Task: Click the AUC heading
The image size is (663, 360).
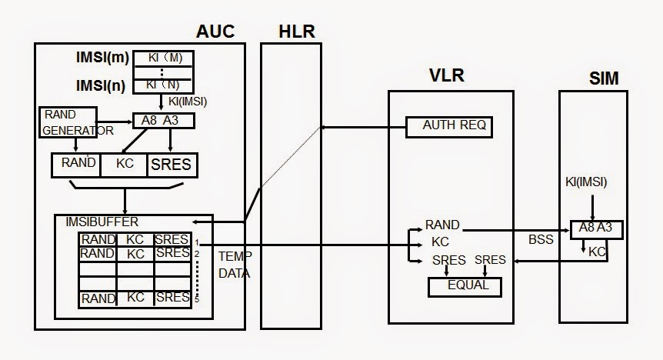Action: [215, 32]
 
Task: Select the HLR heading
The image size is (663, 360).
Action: [296, 32]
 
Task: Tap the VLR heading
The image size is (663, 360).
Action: [446, 75]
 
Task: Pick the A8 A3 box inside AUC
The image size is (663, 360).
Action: [164, 121]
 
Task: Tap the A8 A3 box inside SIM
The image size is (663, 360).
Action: [596, 229]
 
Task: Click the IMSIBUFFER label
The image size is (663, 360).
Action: [103, 222]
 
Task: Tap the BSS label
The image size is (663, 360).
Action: [541, 239]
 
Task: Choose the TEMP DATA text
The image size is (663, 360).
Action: [234, 263]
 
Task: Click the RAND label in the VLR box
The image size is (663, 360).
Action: [441, 225]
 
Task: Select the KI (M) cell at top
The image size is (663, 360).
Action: [163, 58]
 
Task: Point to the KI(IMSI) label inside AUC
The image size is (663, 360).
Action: [186, 102]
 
